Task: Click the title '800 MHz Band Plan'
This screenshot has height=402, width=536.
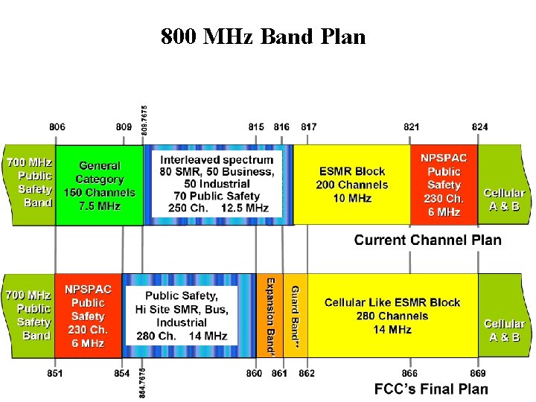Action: [x=263, y=36]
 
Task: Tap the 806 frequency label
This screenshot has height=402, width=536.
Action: [x=57, y=127]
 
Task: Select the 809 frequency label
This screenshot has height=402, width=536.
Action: [x=124, y=127]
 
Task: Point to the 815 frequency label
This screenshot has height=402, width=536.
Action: [x=256, y=127]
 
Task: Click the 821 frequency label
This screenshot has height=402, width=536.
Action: [x=411, y=127]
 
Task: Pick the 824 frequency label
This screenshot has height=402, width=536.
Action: [x=480, y=127]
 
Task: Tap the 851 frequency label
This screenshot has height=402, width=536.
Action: [x=54, y=373]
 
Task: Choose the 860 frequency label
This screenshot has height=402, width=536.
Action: [x=254, y=373]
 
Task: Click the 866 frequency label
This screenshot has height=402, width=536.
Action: [x=410, y=373]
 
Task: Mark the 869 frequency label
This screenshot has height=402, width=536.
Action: [x=478, y=373]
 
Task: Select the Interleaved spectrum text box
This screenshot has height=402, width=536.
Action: [x=217, y=184]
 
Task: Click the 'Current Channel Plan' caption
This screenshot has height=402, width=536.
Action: [x=427, y=240]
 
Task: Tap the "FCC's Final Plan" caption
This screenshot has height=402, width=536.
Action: [x=431, y=389]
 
